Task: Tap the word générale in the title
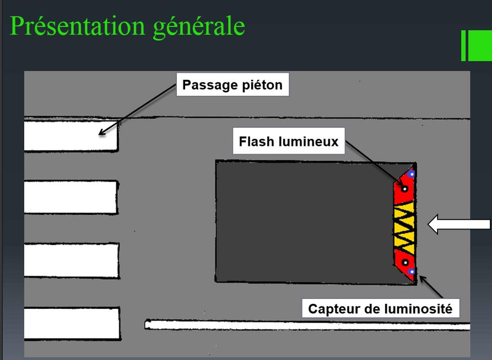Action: (196, 27)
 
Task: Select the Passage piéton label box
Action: (233, 85)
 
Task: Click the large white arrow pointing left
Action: (459, 225)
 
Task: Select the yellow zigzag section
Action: (404, 226)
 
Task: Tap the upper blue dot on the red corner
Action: (411, 174)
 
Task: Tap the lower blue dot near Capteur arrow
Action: (410, 271)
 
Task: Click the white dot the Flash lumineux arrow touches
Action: (404, 189)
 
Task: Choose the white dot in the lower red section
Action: (404, 262)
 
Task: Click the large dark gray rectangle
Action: (303, 220)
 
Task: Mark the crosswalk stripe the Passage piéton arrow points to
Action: (71, 136)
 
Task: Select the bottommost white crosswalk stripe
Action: (72, 324)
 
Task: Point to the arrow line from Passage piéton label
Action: (138, 111)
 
